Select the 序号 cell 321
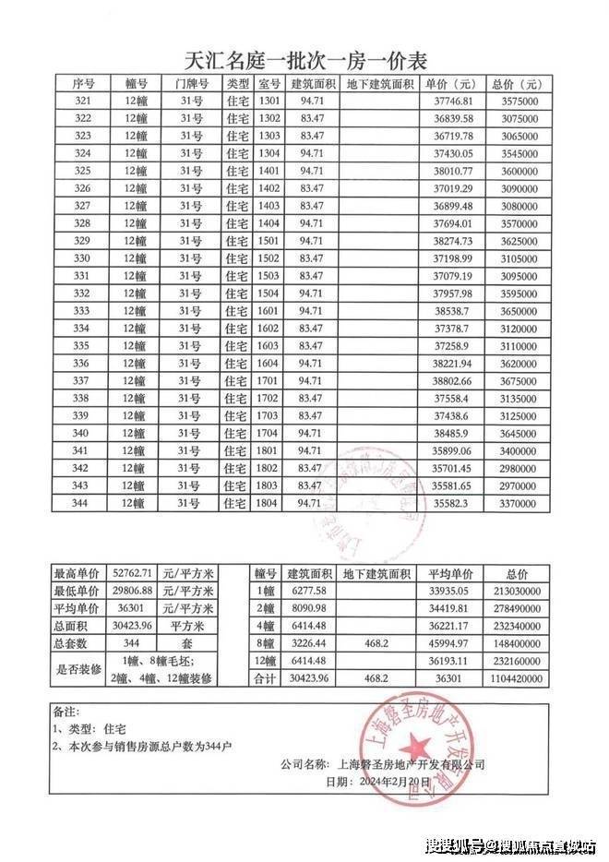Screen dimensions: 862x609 [x=82, y=101]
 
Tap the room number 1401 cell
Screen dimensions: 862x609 [x=269, y=171]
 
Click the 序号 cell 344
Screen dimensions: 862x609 [x=82, y=502]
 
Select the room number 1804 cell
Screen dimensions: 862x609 [x=269, y=502]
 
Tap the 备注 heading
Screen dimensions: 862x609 [x=67, y=713]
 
